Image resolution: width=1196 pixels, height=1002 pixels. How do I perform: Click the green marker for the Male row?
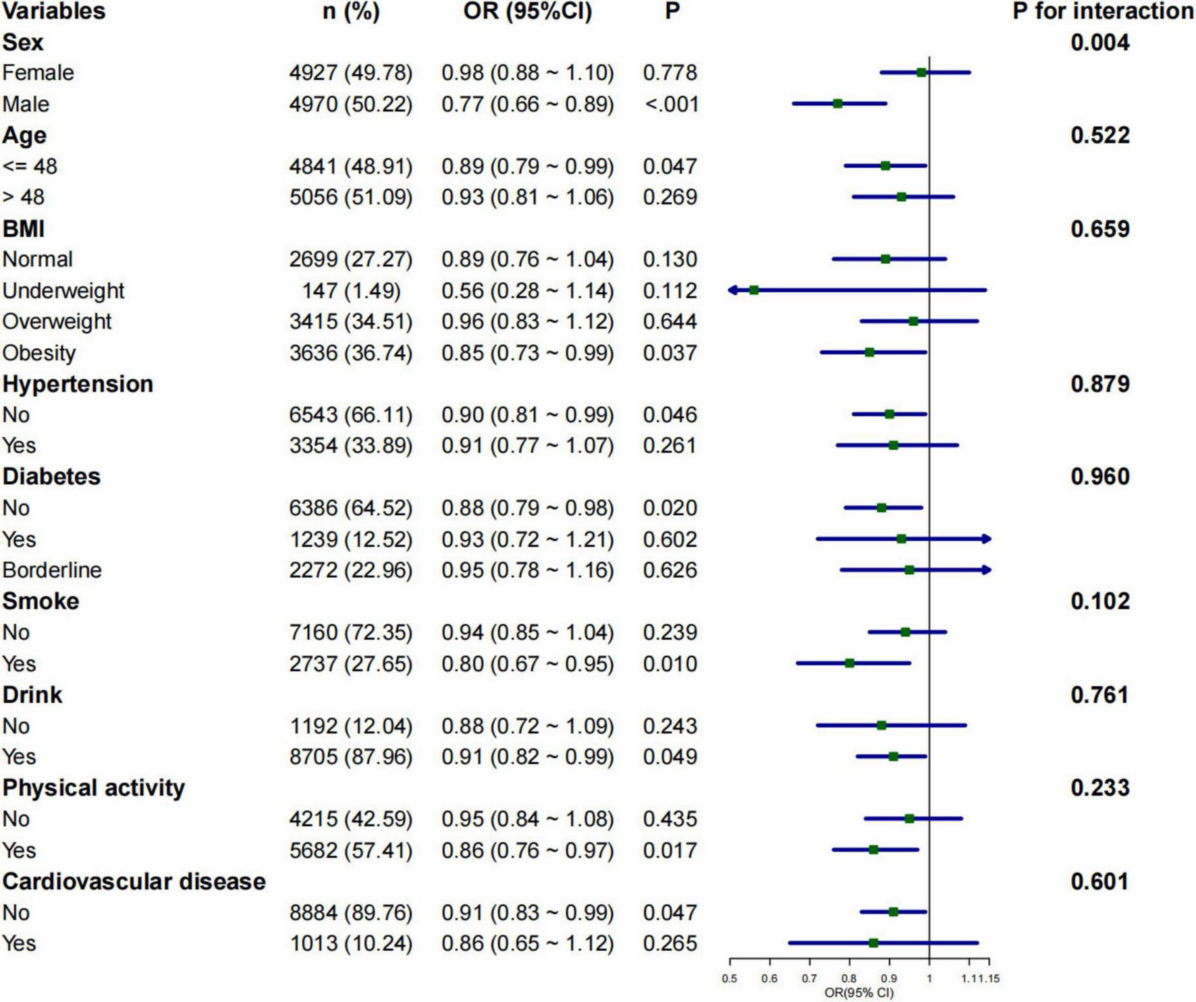pos(837,104)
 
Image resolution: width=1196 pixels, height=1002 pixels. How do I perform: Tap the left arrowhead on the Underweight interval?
pos(732,290)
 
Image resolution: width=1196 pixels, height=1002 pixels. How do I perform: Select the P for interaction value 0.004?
pos(1099,43)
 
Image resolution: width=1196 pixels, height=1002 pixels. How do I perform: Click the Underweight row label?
pos(63,291)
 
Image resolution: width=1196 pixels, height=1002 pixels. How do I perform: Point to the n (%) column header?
pos(351,11)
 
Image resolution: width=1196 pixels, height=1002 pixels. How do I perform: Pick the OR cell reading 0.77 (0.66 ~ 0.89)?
pos(527,105)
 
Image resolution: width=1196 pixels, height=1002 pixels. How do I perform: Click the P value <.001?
pos(671,105)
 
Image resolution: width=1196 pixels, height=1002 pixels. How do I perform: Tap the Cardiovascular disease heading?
pos(134,881)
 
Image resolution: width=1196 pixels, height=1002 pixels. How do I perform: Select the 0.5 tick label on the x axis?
pos(730,978)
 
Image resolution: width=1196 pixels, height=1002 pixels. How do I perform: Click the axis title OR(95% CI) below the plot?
pos(859,993)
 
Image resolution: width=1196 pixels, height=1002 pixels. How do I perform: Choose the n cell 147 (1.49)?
pos(351,291)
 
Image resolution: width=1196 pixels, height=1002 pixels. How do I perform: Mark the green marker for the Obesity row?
pos(869,352)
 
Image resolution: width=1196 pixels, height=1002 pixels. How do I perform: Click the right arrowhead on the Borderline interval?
pos(987,570)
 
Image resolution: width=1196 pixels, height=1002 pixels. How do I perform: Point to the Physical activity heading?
pos(93,787)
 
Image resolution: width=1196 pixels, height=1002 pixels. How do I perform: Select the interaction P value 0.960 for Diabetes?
pos(1099,476)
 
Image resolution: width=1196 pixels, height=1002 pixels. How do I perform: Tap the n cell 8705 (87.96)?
pos(351,756)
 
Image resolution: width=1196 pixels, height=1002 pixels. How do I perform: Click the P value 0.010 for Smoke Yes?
pos(670,664)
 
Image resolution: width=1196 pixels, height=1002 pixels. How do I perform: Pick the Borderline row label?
pos(52,570)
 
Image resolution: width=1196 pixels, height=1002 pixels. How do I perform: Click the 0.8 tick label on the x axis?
pos(849,978)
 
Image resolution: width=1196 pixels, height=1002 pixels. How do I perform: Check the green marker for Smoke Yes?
pos(849,663)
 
